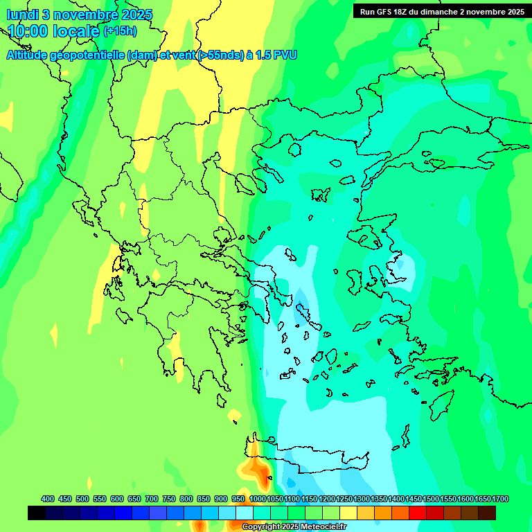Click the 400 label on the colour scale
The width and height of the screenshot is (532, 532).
(x=48, y=499)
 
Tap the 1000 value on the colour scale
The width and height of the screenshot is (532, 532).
(x=258, y=499)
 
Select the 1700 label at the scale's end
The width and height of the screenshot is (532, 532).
(x=500, y=499)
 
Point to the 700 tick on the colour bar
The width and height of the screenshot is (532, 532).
(x=152, y=499)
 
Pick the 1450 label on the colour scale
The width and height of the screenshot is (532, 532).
(x=414, y=499)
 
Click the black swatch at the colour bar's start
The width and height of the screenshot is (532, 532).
(x=37, y=513)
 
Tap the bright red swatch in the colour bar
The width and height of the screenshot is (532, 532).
(x=418, y=513)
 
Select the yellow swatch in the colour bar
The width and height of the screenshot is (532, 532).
(x=348, y=513)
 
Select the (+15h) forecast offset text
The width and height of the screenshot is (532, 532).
(x=120, y=31)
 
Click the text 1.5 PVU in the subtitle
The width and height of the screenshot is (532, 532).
(x=276, y=55)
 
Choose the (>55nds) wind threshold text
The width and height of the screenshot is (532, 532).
(x=214, y=55)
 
